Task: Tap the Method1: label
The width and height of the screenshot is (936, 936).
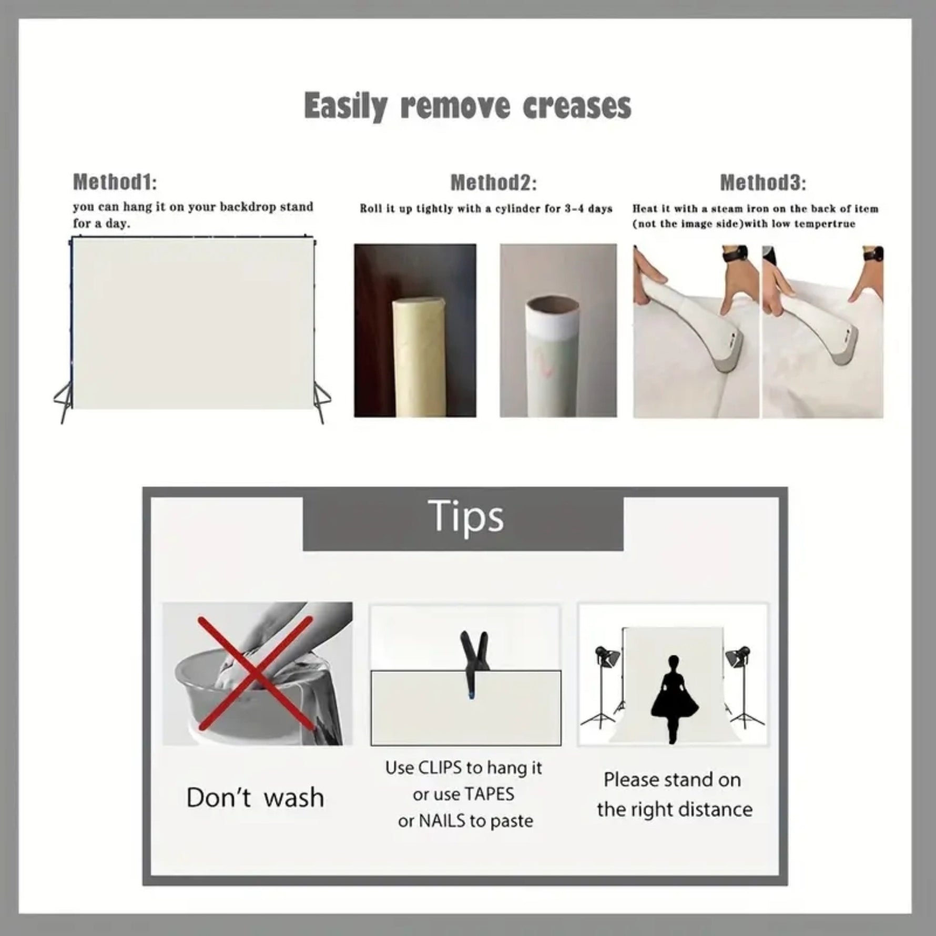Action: [x=115, y=182]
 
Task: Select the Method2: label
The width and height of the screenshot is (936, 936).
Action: [x=494, y=183]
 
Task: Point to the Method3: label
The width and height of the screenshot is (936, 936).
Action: [x=763, y=183]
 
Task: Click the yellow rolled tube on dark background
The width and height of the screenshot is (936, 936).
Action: [x=418, y=357]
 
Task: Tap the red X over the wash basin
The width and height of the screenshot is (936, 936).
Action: [x=256, y=674]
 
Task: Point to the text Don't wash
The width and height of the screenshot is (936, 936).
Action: [x=256, y=797]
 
